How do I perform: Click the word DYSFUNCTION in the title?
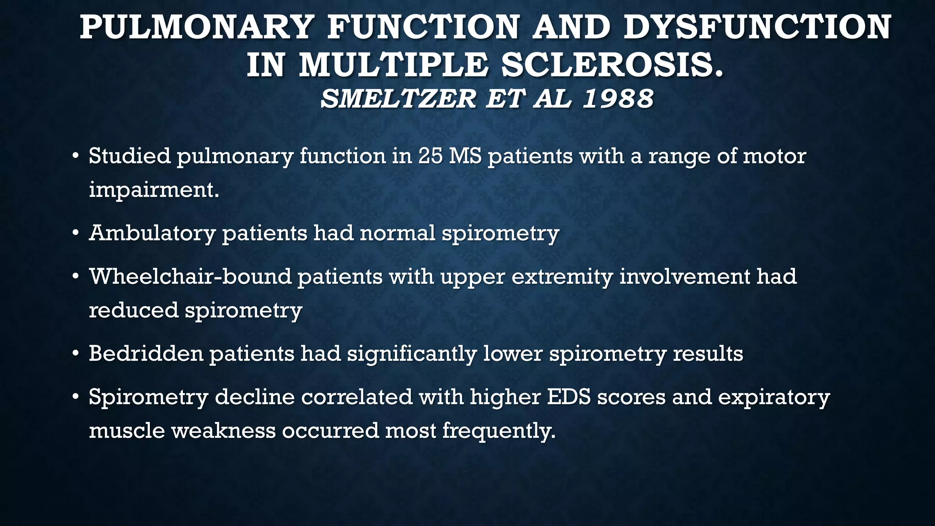tap(757, 27)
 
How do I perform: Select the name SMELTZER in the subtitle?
tap(398, 99)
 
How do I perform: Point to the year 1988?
tap(618, 99)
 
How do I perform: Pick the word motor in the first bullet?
tap(774, 156)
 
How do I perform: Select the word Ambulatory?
tap(152, 233)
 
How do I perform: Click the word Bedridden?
tap(146, 354)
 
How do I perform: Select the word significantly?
tap(412, 354)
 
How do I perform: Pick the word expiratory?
tap(773, 398)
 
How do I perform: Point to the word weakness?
tap(223, 431)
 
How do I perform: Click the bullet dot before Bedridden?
tap(76, 354)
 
